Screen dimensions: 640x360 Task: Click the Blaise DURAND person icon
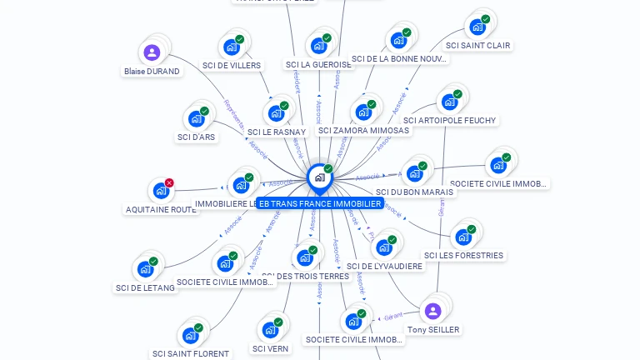click(152, 53)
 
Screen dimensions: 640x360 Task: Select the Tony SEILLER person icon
click(432, 312)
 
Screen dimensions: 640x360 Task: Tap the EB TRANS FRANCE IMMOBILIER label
click(320, 203)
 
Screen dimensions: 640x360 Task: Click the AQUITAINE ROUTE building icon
click(160, 192)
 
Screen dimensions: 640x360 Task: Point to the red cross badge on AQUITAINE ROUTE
click(169, 182)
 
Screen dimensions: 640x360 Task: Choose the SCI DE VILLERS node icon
click(230, 47)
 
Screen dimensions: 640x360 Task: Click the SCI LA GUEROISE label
click(318, 65)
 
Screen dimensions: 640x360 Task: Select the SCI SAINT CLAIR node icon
click(477, 27)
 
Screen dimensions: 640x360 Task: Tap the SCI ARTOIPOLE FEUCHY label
click(449, 121)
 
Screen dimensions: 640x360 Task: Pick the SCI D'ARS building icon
click(196, 119)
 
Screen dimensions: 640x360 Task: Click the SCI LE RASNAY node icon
click(275, 114)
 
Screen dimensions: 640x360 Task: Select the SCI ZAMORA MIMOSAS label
click(363, 131)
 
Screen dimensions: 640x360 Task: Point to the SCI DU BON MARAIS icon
click(413, 173)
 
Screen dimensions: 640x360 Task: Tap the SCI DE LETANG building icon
click(145, 269)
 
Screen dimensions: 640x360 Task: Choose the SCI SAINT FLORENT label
click(191, 354)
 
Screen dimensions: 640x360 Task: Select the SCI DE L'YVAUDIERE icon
click(383, 247)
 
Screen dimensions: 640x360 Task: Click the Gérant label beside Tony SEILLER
click(393, 316)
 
